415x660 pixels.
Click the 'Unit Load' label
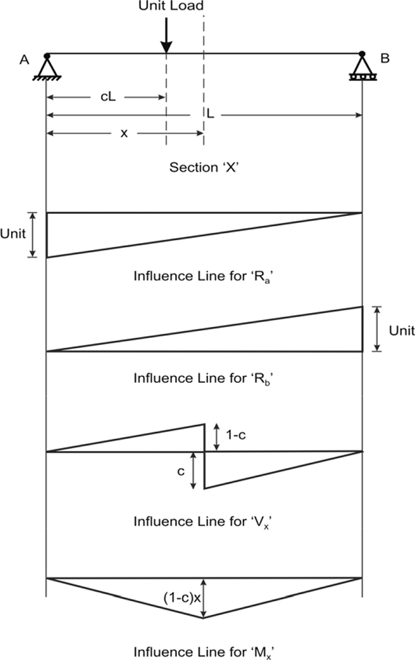(171, 6)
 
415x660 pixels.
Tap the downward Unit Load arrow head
(166, 47)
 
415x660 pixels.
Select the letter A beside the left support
(24, 60)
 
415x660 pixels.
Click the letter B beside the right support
(385, 58)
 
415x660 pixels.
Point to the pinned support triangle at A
(46, 66)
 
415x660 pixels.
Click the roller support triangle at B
(362, 66)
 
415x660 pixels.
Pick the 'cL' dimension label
(108, 97)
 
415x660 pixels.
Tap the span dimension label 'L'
(210, 114)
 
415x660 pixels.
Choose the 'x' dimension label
(124, 134)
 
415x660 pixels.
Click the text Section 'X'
(204, 167)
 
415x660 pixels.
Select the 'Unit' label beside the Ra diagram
(13, 233)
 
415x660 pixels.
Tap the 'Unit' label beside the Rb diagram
(402, 330)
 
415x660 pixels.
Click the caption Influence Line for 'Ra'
(202, 276)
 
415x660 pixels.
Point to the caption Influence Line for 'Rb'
(202, 378)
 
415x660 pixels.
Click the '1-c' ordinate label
(236, 435)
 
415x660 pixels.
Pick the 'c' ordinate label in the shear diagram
(181, 472)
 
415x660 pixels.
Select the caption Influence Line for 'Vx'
(202, 522)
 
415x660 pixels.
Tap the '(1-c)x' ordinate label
(182, 598)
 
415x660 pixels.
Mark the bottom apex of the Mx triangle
(203, 618)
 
